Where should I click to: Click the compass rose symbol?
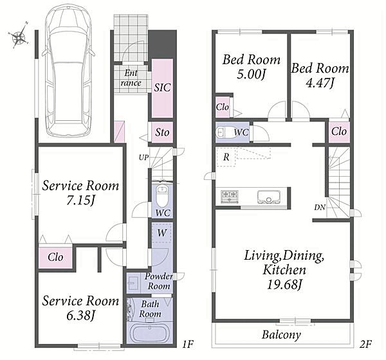click(19, 37)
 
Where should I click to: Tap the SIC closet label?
click(162, 88)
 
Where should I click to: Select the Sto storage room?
click(162, 132)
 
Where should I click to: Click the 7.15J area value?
click(80, 201)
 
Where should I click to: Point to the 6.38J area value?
click(80, 316)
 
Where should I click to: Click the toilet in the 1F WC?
click(162, 195)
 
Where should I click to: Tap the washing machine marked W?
click(161, 233)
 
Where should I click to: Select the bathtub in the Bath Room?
click(150, 333)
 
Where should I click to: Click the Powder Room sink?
click(133, 283)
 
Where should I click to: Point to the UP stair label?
click(143, 157)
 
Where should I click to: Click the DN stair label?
click(320, 208)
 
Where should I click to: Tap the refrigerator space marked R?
click(226, 157)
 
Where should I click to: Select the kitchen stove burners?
click(230, 197)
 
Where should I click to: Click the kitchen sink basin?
click(268, 197)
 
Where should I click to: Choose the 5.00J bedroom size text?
click(251, 74)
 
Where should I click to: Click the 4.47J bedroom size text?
click(320, 83)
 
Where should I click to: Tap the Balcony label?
click(281, 335)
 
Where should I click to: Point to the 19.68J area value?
click(284, 285)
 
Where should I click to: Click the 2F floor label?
click(365, 344)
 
